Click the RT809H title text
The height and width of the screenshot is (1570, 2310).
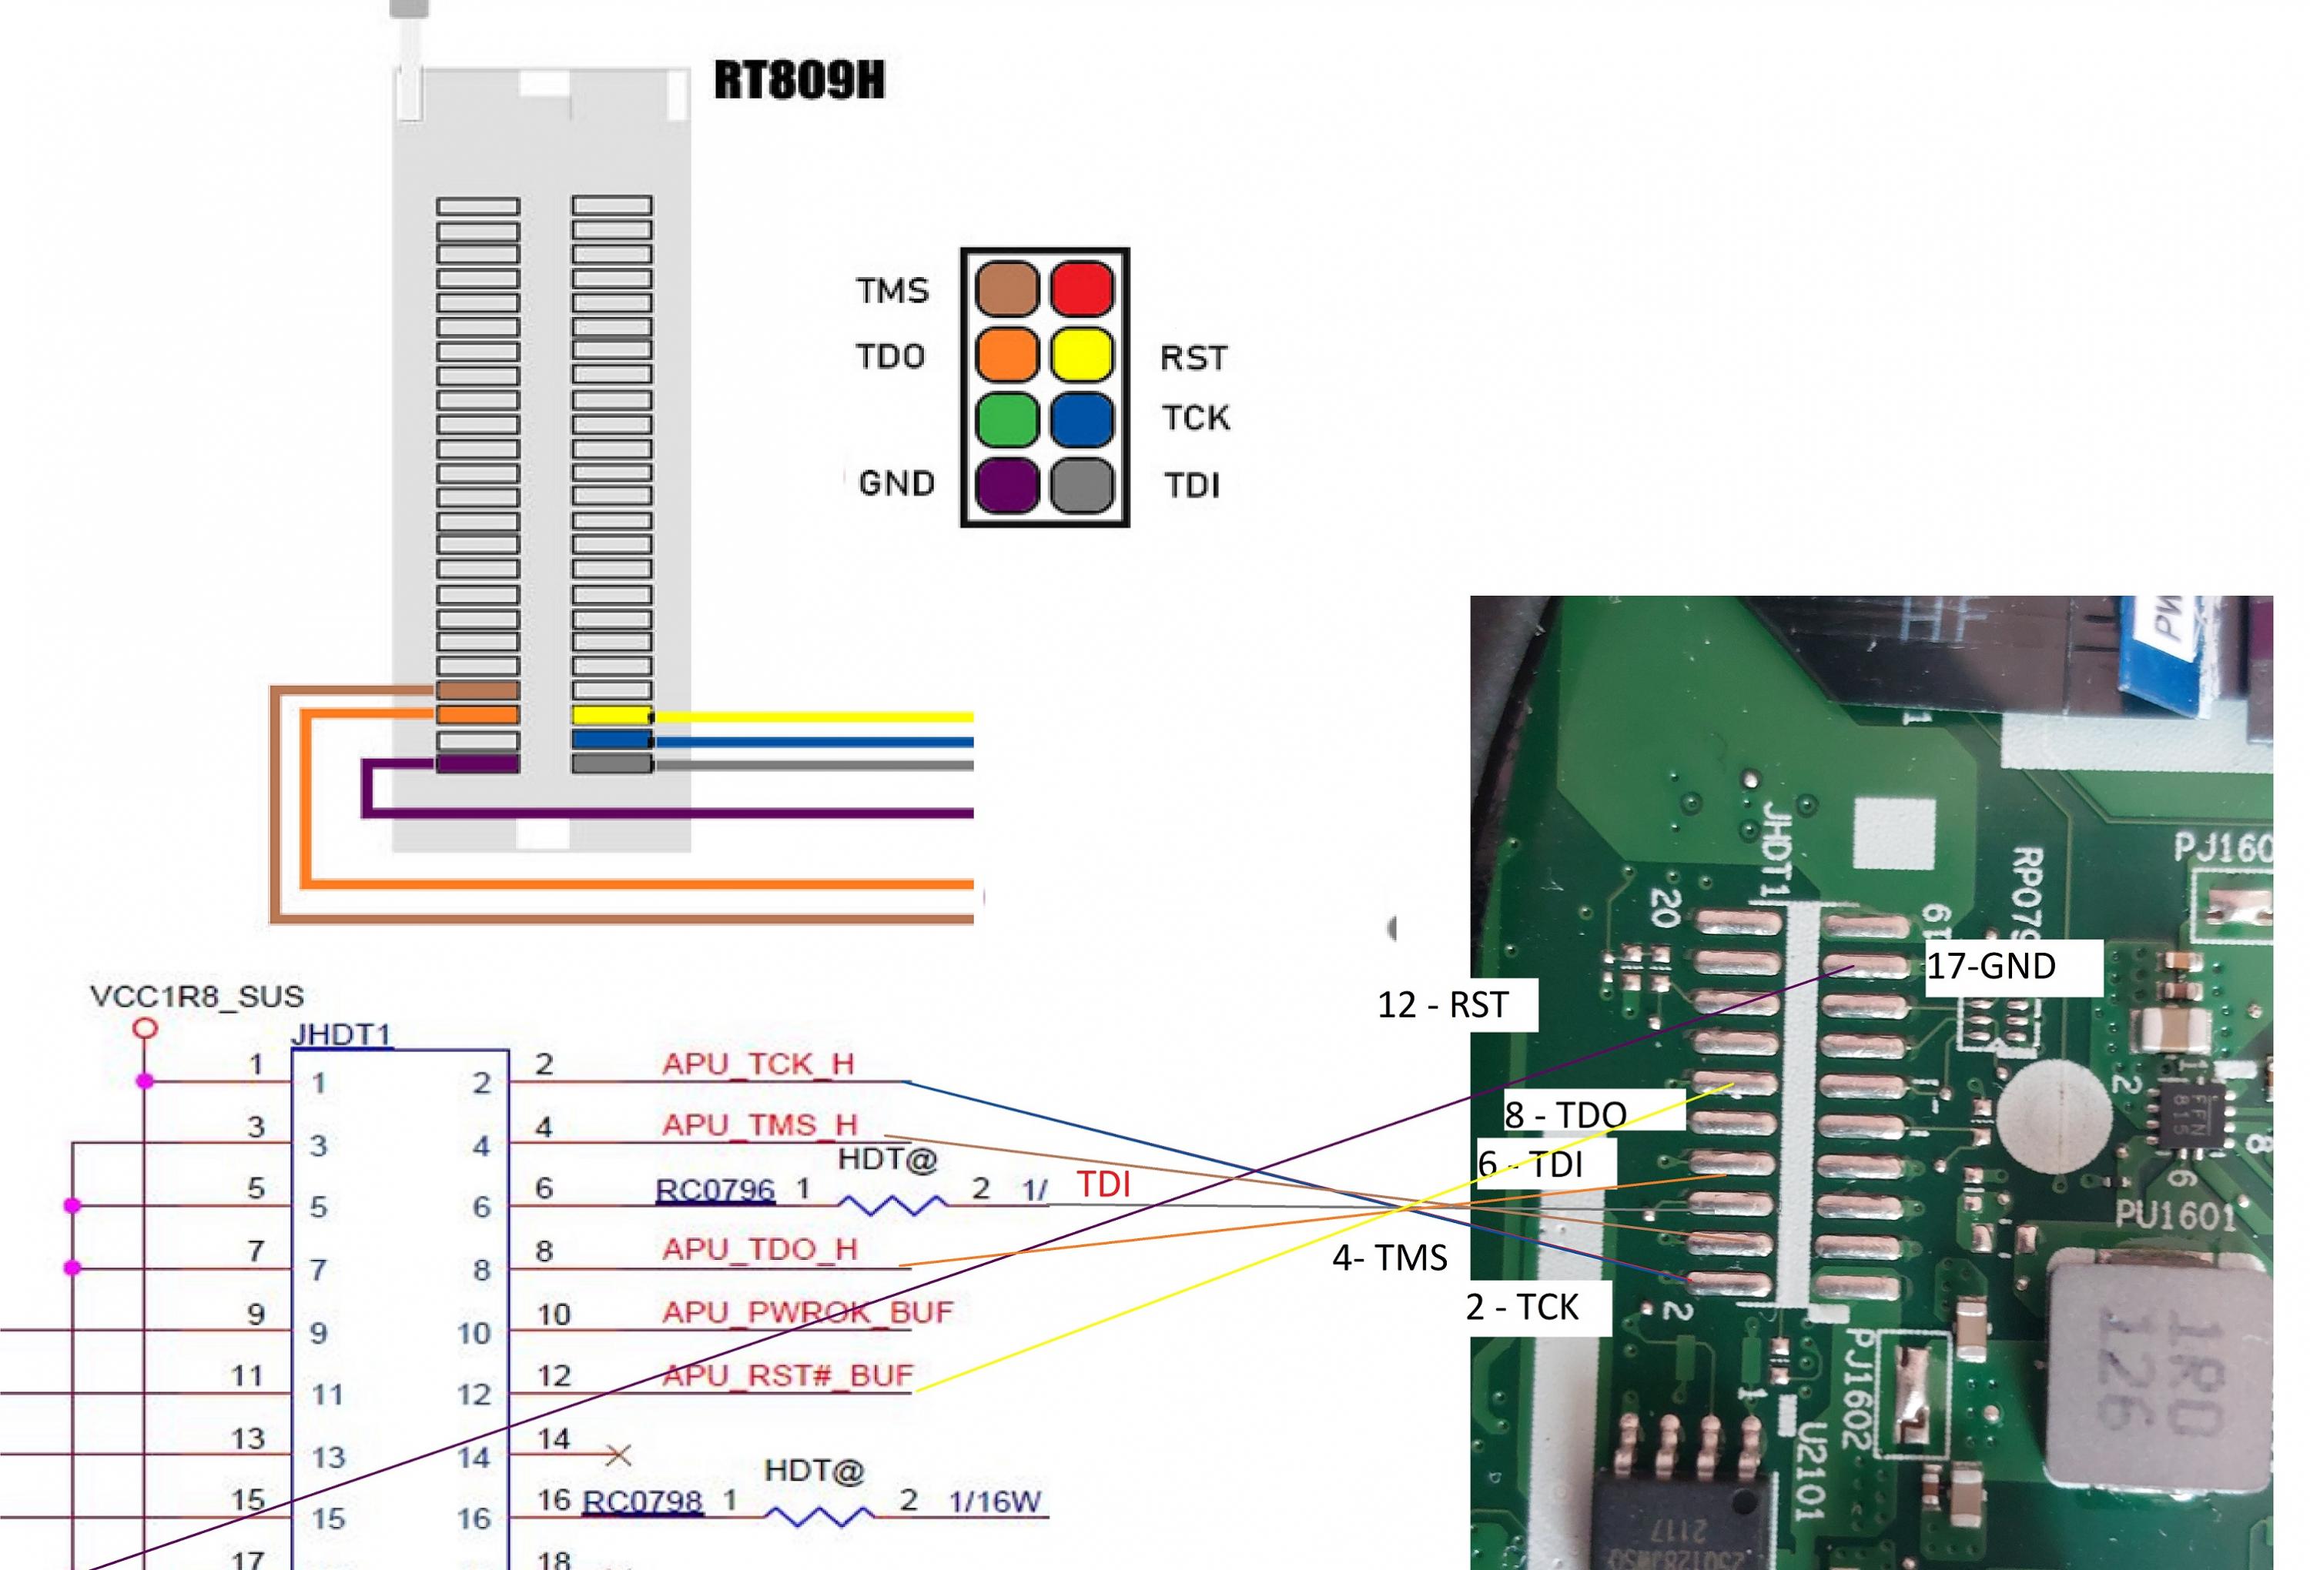(799, 81)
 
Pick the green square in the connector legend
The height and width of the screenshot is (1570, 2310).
(1007, 420)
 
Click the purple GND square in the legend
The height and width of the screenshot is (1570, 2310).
(1007, 486)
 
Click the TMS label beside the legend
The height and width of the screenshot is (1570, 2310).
(892, 291)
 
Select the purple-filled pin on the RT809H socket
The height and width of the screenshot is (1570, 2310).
(478, 764)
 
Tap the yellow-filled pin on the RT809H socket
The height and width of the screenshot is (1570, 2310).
(611, 716)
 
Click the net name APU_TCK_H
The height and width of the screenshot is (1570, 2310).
(758, 1064)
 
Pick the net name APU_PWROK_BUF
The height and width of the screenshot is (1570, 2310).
(807, 1313)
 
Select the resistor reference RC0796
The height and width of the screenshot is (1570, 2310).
(715, 1189)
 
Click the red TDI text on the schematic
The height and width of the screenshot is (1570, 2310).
(1103, 1184)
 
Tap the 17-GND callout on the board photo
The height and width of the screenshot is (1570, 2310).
(1991, 967)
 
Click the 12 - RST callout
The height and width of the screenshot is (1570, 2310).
(1442, 1004)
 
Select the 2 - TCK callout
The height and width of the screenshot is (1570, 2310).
(1522, 1307)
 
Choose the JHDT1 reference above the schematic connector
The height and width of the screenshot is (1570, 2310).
(341, 1034)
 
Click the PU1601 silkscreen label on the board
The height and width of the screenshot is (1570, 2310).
(2174, 1214)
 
